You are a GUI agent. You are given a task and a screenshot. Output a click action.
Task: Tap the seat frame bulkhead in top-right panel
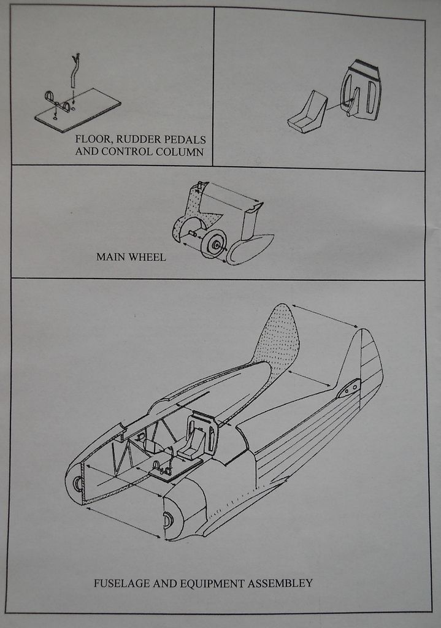[362, 91]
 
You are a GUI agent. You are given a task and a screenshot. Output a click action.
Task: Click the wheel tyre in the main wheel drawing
[213, 243]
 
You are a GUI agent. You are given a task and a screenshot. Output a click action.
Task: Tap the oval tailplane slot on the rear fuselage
[348, 388]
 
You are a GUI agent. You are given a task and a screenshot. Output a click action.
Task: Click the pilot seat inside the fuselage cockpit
[199, 439]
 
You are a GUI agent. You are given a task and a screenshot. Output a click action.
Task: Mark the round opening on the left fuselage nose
[77, 483]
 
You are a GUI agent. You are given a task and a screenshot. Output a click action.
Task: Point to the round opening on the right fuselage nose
[167, 520]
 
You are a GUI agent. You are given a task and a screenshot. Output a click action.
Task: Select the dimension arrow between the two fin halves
[325, 316]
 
